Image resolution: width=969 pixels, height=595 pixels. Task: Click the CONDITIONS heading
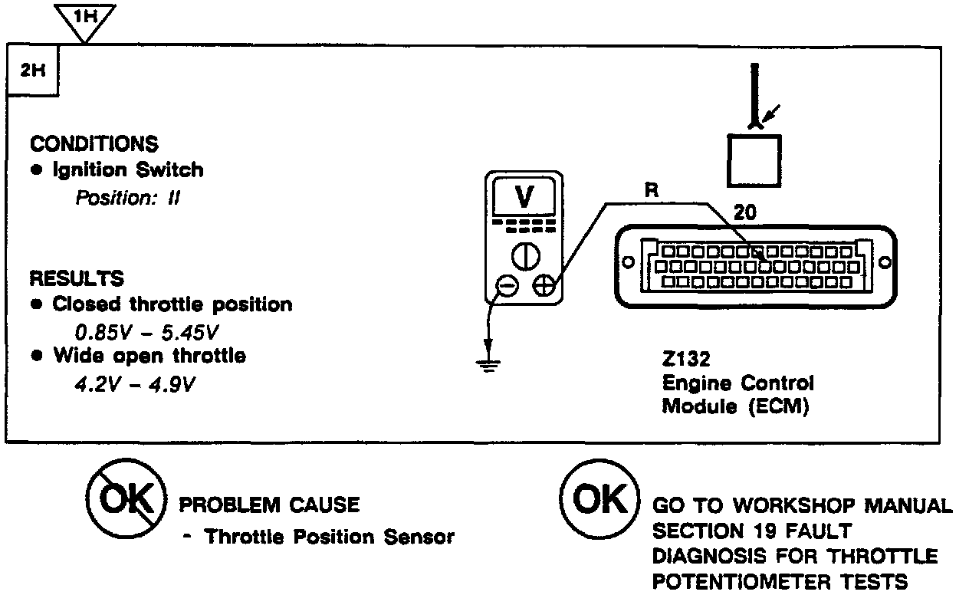(x=94, y=143)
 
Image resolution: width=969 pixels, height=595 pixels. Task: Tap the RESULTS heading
(x=76, y=278)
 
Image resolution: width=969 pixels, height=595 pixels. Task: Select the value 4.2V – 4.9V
(x=135, y=383)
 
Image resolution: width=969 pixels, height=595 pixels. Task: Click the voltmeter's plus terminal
(x=544, y=286)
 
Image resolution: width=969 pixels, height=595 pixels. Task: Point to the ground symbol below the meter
(x=484, y=362)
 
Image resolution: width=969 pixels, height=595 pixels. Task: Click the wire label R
(x=652, y=191)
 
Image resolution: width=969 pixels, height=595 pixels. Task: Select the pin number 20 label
(x=744, y=214)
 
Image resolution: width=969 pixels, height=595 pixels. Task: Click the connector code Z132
(x=688, y=359)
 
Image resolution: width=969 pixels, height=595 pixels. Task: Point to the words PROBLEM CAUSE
(x=268, y=505)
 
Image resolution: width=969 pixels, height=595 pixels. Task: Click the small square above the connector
(x=755, y=159)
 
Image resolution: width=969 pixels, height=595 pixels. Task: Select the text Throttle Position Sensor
(x=328, y=537)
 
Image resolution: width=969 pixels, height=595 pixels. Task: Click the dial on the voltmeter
(x=524, y=256)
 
